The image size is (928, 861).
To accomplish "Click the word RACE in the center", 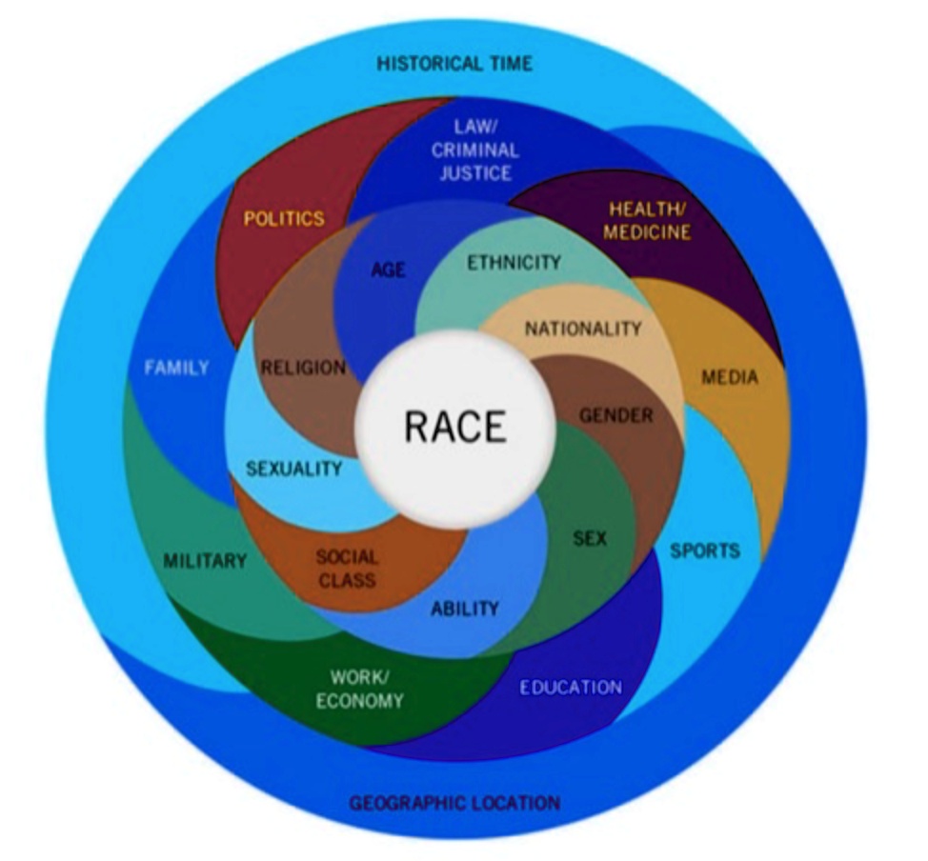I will click(454, 427).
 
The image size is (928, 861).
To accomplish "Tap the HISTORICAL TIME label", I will click(454, 64).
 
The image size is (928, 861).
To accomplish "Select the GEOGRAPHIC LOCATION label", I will click(454, 802).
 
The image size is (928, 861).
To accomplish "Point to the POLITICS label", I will click(284, 218).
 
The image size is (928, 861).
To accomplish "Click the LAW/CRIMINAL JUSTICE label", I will click(474, 150).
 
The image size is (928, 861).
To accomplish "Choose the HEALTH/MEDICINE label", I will click(649, 220).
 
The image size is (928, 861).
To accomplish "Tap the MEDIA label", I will click(729, 377).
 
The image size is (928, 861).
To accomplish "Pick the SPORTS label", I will click(704, 551).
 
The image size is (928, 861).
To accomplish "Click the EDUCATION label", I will click(571, 687).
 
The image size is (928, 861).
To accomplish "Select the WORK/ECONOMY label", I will click(367, 689).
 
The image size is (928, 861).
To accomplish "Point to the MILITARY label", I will click(204, 560).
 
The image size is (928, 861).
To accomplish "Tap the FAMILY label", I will click(176, 368).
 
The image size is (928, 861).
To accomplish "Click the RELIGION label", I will click(303, 368).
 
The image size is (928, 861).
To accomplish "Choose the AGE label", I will click(389, 270).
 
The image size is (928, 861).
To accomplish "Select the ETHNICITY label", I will click(514, 262).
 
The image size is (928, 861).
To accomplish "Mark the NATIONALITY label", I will click(583, 329).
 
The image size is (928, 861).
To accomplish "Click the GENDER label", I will click(616, 415).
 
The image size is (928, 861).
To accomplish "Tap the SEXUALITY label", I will click(293, 469).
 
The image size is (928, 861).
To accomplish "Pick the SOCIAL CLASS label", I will click(347, 568).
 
